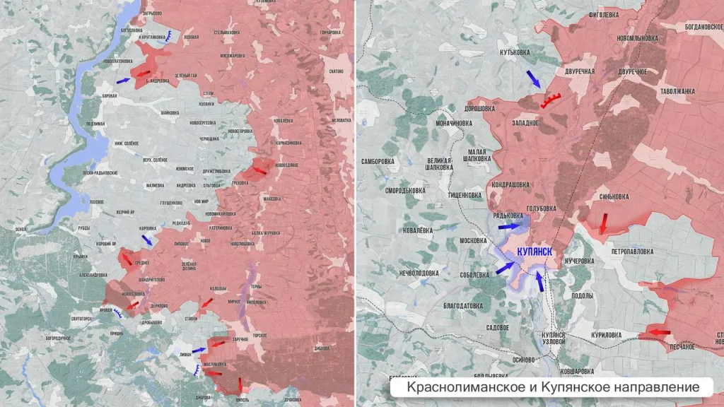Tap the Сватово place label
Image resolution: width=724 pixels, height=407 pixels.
336,71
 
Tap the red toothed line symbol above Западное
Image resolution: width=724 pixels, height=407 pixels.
551,100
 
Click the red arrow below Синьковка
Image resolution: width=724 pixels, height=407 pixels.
602,223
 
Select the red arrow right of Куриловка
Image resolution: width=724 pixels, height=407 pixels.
660,332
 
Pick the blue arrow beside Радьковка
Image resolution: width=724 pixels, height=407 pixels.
508,227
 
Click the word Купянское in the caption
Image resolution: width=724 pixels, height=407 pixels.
547,387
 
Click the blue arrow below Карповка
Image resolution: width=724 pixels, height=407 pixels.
146,240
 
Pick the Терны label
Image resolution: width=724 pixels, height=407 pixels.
257,287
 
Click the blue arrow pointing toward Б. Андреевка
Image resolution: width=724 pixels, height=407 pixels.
123,81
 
